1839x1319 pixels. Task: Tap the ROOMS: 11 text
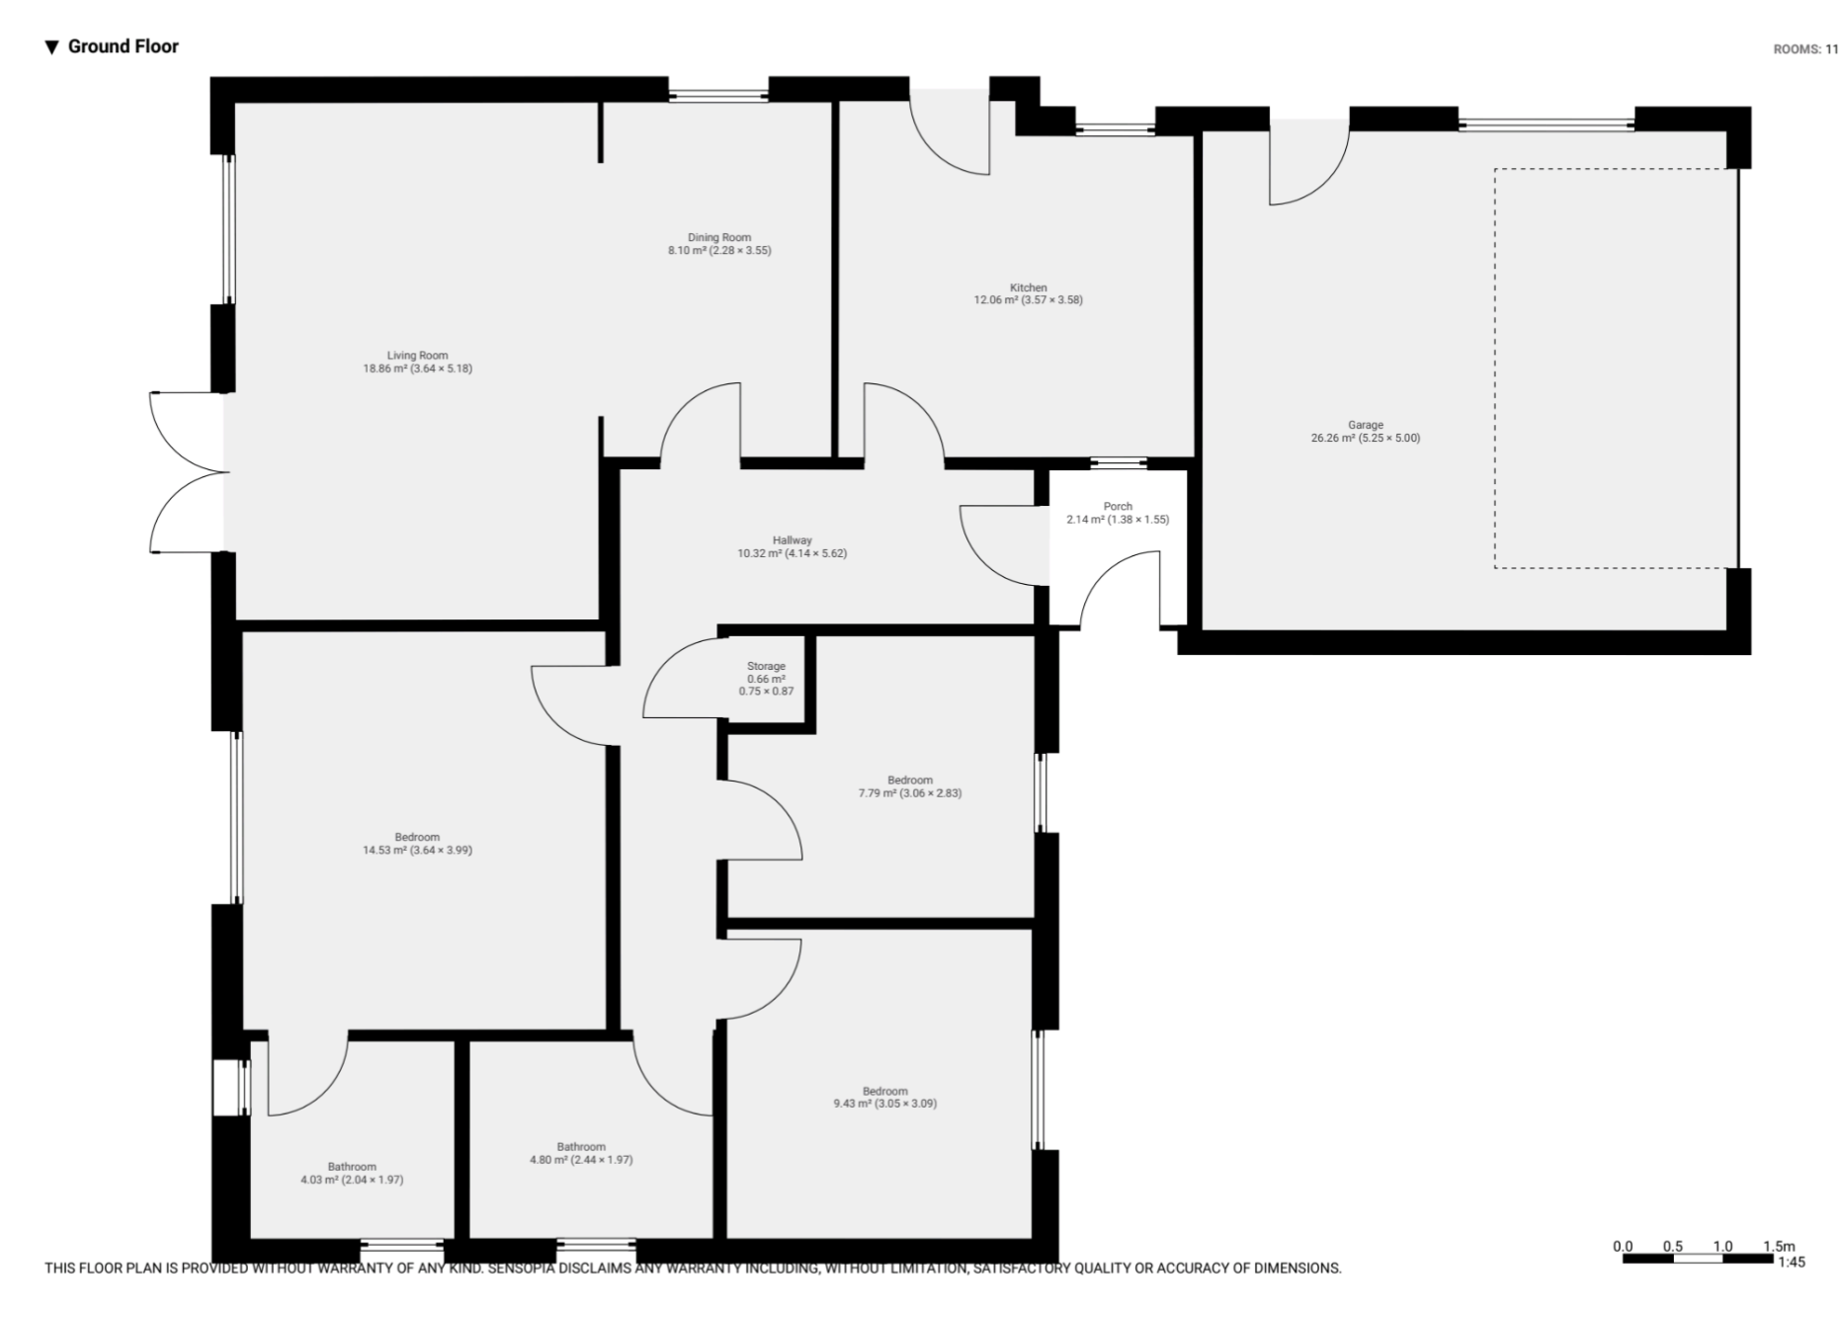click(x=1805, y=49)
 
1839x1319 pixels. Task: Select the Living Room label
click(x=417, y=362)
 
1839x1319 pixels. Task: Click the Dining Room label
click(x=719, y=244)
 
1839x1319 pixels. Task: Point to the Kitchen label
click(x=1028, y=293)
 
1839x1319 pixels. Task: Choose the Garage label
click(x=1365, y=431)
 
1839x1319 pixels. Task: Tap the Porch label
click(x=1118, y=513)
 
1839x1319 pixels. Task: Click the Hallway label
click(x=792, y=546)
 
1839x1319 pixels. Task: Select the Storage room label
click(x=766, y=679)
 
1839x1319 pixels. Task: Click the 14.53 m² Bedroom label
click(x=417, y=843)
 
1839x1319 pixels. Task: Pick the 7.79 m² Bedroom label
click(x=909, y=786)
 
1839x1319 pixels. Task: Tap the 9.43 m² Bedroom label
click(x=884, y=1098)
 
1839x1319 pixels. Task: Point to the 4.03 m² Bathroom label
click(x=352, y=1173)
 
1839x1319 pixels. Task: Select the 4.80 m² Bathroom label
click(x=581, y=1153)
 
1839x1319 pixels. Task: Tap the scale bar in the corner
click(x=1697, y=1259)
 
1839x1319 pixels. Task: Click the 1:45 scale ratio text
click(x=1791, y=1262)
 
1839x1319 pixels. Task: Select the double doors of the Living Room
click(x=188, y=472)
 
